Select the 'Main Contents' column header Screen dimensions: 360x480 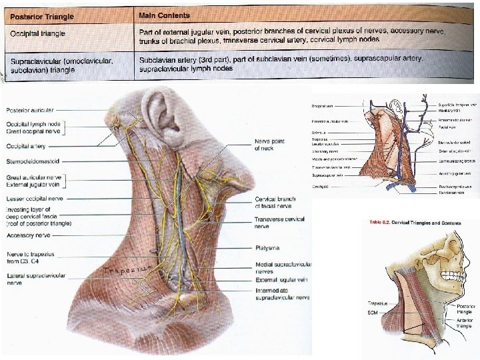pos(165,14)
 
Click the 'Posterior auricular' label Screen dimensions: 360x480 pos(30,110)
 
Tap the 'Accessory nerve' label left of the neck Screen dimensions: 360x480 pos(28,235)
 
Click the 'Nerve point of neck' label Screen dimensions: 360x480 pos(269,145)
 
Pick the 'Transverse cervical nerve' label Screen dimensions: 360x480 pos(279,223)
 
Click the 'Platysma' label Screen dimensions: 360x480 pos(267,247)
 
